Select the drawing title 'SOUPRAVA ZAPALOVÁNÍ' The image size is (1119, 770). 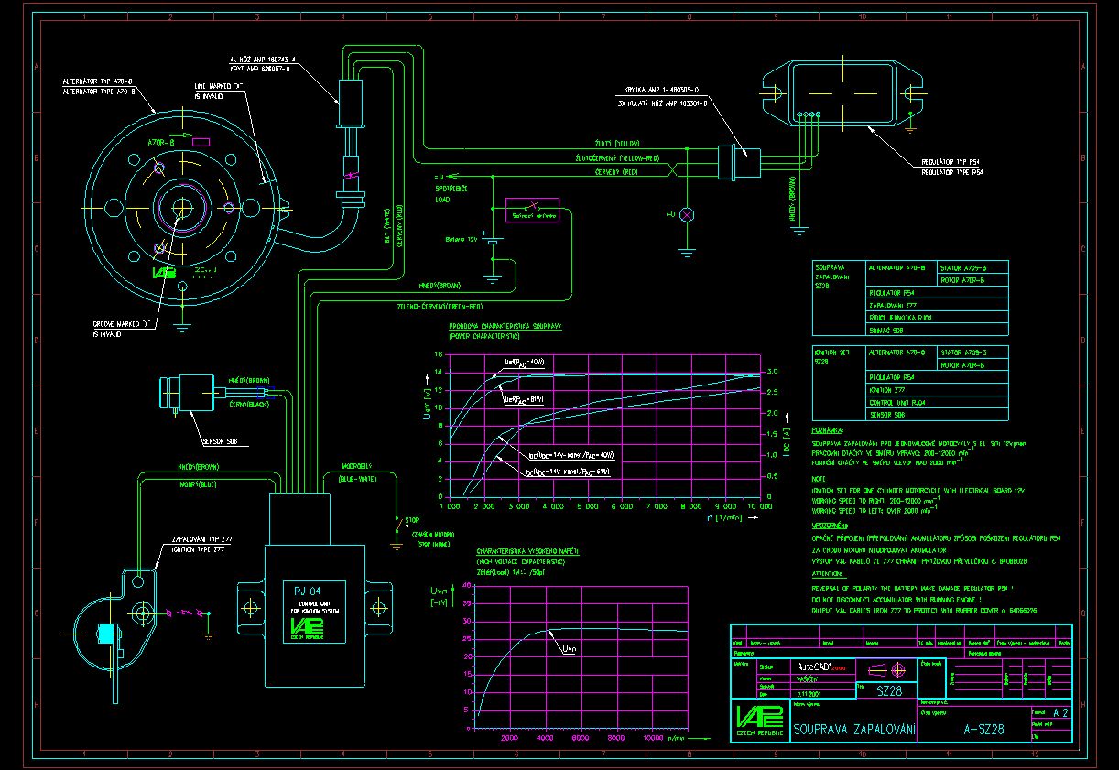pyautogui.click(x=854, y=730)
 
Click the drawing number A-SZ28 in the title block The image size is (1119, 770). pyautogui.click(x=984, y=730)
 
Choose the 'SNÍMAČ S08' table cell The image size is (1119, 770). pyautogui.click(x=886, y=330)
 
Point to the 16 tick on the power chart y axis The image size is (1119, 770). pyautogui.click(x=439, y=355)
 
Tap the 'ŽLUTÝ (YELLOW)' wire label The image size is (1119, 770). pyautogui.click(x=618, y=144)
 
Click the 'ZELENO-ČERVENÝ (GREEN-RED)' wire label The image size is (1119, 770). pyautogui.click(x=440, y=306)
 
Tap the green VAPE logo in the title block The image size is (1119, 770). pyautogui.click(x=758, y=717)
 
